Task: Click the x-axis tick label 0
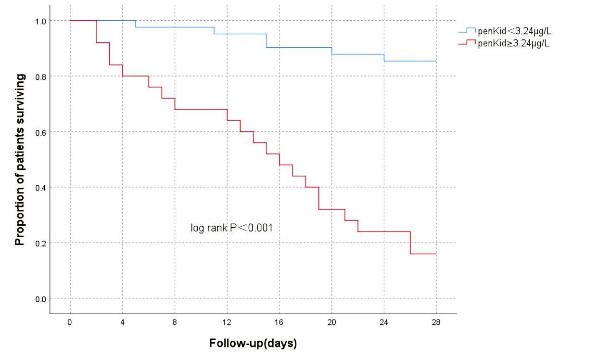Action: click(70, 322)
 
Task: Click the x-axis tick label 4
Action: click(122, 322)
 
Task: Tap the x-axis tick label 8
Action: click(175, 322)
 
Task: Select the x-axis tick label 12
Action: click(227, 322)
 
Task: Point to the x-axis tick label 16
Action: click(279, 322)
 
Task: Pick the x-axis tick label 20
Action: click(331, 322)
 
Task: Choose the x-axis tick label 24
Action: click(384, 322)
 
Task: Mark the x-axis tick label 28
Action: click(436, 322)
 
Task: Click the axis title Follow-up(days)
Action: click(253, 344)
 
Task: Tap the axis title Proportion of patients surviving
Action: click(20, 160)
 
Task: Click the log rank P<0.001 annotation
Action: click(232, 228)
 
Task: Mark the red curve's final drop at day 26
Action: click(410, 243)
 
